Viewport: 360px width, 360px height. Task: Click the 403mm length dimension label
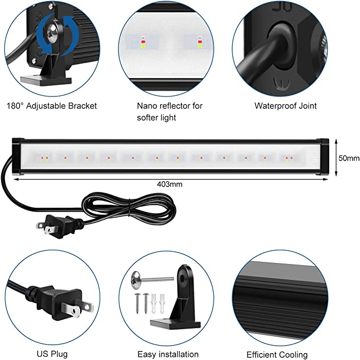[x=170, y=185]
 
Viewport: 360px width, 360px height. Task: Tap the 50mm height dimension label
[x=349, y=158]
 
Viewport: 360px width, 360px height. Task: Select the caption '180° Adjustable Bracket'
[x=51, y=106]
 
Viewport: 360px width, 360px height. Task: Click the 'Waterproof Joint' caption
[x=285, y=106]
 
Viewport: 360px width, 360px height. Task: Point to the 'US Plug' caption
[x=52, y=354]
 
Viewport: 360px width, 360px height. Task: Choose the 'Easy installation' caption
[x=168, y=354]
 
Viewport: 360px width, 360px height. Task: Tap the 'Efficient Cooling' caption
[x=277, y=355]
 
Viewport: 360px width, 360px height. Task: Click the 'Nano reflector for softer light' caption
[x=170, y=111]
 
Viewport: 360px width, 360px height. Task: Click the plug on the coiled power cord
[x=59, y=226]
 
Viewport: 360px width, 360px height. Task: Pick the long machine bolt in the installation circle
[x=152, y=278]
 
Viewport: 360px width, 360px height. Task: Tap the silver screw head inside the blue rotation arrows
[x=53, y=30]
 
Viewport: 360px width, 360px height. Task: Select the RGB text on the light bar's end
[x=315, y=156]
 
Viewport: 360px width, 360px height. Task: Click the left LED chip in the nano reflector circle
[x=143, y=42]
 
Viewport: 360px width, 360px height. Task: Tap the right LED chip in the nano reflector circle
[x=200, y=42]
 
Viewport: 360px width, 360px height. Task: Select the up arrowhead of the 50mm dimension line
[x=336, y=141]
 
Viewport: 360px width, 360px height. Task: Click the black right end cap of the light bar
[x=324, y=157]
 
